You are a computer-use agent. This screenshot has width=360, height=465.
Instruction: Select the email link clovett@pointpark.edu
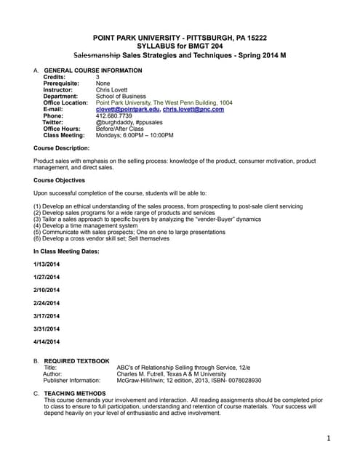pos(127,109)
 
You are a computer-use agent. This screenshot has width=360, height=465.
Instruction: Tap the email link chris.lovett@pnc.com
pos(193,109)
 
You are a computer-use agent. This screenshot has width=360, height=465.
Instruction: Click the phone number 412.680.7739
pos(114,116)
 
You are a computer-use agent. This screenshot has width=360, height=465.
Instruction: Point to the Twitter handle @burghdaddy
pos(113,122)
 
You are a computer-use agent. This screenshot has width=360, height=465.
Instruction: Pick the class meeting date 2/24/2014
pos(47,303)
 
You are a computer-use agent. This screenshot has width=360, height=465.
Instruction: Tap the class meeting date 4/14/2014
pos(47,341)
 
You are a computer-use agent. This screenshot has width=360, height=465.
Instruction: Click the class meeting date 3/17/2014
pos(47,315)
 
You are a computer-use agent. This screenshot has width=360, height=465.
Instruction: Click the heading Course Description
pos(61,147)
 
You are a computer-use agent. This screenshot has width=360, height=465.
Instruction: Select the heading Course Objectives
pos(59,179)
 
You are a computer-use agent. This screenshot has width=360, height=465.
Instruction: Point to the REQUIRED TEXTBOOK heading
pos(76,360)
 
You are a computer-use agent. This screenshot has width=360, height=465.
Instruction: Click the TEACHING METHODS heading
pos(75,393)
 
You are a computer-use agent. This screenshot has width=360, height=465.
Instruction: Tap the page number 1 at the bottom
pos(329,438)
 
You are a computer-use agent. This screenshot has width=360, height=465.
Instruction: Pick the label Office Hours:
pos(63,129)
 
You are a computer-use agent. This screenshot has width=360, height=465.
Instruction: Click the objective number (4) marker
pos(38,225)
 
